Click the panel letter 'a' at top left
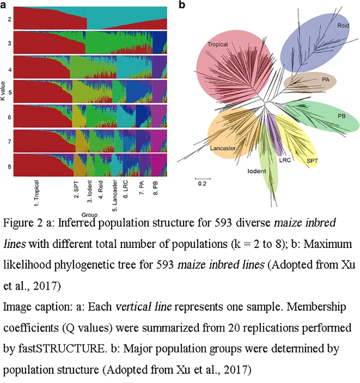[x=4, y=4]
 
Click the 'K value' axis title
[x=3, y=95]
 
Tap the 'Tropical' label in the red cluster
[x=217, y=45]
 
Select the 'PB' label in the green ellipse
[x=342, y=116]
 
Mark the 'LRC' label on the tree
[x=284, y=159]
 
